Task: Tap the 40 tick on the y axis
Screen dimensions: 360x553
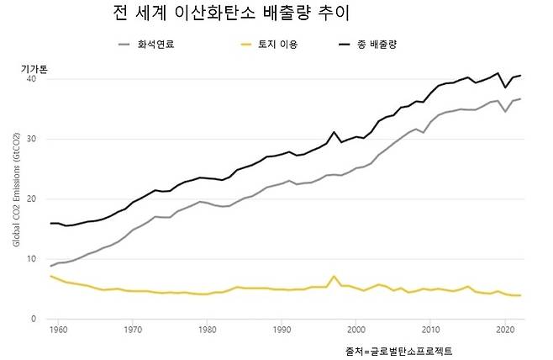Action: [31, 79]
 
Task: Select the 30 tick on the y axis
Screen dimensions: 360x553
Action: [31, 139]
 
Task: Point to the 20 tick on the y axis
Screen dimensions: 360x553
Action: [31, 199]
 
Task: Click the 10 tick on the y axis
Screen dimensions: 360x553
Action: [31, 259]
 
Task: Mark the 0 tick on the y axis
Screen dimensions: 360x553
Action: [34, 320]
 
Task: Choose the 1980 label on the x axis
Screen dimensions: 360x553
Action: [208, 331]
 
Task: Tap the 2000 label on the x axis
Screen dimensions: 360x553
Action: [356, 331]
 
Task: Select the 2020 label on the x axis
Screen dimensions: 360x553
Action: [504, 331]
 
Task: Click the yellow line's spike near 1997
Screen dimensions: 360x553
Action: [334, 276]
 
